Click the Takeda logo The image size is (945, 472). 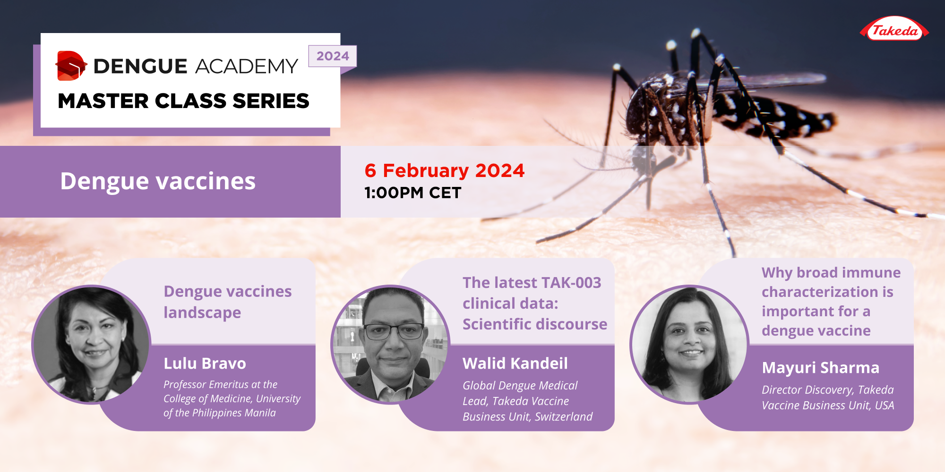tap(894, 30)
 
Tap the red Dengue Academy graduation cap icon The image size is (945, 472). tap(70, 66)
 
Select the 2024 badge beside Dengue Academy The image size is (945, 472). tap(333, 56)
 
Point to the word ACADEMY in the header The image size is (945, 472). tap(246, 67)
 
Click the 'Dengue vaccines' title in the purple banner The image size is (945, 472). tap(158, 181)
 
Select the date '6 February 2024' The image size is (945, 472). tap(444, 170)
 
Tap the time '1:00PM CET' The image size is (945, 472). tap(412, 193)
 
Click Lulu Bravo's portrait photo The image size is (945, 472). tap(92, 345)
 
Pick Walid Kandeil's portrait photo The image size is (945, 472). tap(391, 345)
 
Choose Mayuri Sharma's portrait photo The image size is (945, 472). tap(690, 345)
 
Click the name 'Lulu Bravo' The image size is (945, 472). tap(205, 363)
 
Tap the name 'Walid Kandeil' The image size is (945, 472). tap(515, 363)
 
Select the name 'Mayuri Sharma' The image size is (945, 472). tap(820, 368)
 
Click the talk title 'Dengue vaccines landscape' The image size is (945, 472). tap(227, 302)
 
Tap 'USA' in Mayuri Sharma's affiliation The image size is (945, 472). tap(884, 405)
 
